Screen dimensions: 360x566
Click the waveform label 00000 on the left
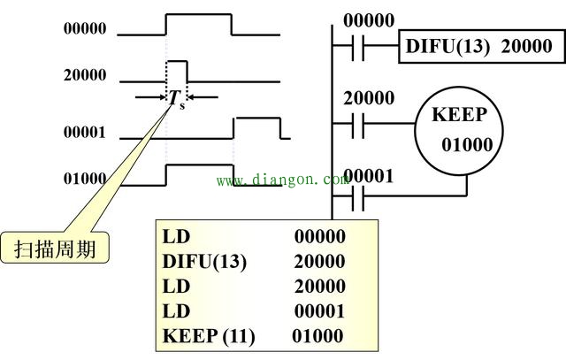pos(85,28)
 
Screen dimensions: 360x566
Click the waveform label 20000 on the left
pos(85,75)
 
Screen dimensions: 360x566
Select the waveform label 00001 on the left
pos(85,133)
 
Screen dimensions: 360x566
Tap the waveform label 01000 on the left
pos(85,178)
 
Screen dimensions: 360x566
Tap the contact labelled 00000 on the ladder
pos(356,46)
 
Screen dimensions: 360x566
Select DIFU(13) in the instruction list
pos(205,262)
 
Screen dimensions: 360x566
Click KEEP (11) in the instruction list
pos(209,336)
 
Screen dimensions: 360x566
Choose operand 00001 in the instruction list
pos(319,311)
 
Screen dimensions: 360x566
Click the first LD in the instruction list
pos(177,237)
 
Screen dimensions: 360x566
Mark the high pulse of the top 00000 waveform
pos(199,15)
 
